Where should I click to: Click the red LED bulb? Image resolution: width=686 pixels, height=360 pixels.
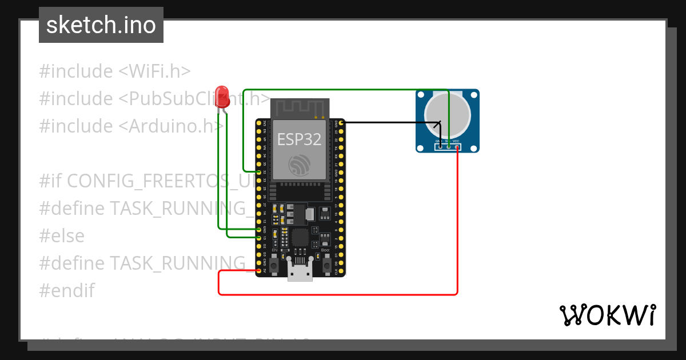tap(222, 96)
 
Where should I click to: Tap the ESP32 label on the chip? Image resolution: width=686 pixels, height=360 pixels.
tap(299, 139)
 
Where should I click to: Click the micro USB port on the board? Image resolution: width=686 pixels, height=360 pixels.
tap(300, 275)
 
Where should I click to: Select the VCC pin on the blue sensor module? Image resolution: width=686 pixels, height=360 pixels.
tap(457, 147)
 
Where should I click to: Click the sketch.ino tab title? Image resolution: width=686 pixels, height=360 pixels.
tap(101, 25)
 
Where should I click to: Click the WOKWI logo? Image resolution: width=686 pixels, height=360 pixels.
tap(607, 315)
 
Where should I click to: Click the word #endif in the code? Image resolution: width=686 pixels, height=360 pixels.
tap(67, 290)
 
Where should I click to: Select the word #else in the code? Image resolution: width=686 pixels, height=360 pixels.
tap(62, 235)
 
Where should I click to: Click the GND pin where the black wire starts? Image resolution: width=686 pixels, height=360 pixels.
tap(341, 122)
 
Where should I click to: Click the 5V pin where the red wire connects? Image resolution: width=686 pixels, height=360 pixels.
tap(259, 270)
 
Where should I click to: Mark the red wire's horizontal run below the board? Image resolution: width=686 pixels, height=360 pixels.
tap(337, 294)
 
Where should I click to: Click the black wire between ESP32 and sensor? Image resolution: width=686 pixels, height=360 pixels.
tap(389, 122)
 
